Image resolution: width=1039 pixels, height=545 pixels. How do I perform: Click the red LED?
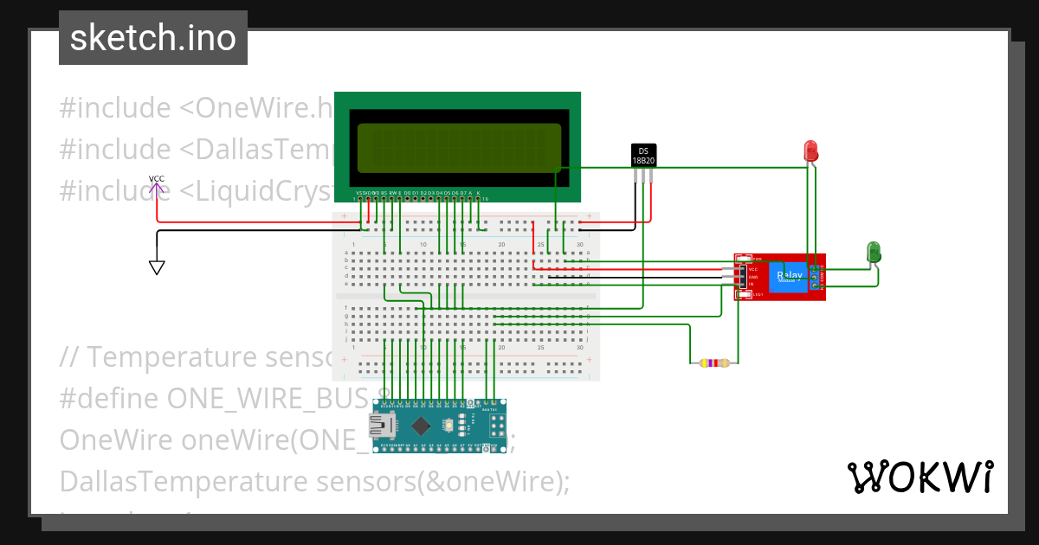(811, 151)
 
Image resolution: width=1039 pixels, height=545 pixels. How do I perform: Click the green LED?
(874, 252)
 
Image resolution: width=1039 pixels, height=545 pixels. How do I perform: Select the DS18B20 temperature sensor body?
(642, 155)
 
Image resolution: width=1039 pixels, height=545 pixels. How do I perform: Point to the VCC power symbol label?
(156, 179)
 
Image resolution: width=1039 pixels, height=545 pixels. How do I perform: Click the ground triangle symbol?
(157, 267)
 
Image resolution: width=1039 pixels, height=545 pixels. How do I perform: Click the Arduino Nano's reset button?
(449, 426)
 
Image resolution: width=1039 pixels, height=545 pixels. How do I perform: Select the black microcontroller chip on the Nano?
(422, 426)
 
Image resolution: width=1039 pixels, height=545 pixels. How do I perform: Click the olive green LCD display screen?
(458, 148)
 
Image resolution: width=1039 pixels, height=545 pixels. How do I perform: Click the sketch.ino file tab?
(153, 38)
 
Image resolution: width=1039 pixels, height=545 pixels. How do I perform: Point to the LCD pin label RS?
(384, 193)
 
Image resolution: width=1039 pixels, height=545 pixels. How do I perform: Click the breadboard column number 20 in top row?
(501, 245)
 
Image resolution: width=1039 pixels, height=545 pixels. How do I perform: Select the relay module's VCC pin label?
(752, 269)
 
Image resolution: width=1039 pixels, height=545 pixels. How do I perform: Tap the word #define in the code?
(109, 398)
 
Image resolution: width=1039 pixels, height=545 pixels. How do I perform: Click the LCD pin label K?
(478, 193)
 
